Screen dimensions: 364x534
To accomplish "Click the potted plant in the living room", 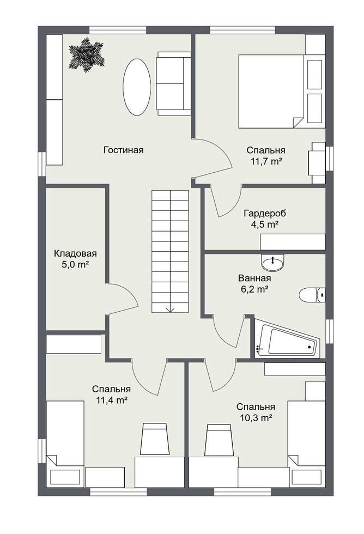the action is tap(87, 55).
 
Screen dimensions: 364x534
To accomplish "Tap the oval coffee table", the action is tap(137, 87).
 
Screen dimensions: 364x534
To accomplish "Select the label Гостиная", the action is tap(124, 150).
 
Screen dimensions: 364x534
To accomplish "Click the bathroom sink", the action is tap(272, 263).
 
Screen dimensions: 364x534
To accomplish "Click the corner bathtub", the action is tap(287, 338).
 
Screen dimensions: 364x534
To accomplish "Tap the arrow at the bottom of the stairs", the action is tap(170, 310).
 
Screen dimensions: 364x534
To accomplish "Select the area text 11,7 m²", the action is tap(266, 161).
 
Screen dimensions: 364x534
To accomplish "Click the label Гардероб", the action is tap(265, 213).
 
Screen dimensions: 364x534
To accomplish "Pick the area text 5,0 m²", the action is tap(75, 265).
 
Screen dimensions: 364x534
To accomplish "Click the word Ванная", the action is tap(254, 278).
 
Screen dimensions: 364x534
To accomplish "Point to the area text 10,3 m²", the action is tap(256, 418).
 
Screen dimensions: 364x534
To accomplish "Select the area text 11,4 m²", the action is tap(111, 400).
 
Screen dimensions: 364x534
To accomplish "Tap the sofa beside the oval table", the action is tap(174, 83).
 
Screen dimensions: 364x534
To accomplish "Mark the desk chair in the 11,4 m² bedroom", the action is tap(155, 439).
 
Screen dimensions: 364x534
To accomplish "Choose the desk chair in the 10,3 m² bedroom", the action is tap(219, 440).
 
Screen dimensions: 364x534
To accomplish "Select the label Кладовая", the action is tap(75, 253).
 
